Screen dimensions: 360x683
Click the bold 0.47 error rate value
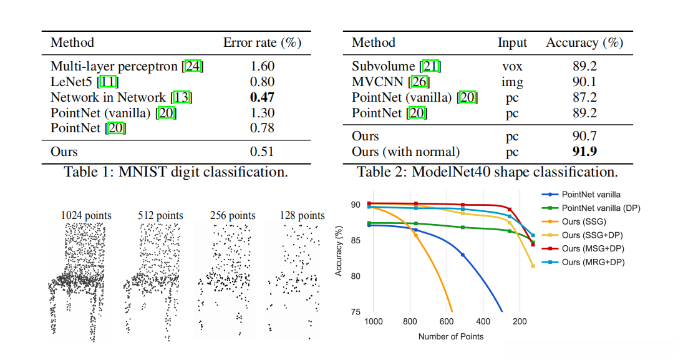pyautogui.click(x=262, y=97)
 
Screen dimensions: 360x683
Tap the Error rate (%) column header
pyautogui.click(x=262, y=43)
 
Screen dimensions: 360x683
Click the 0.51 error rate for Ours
pyautogui.click(x=262, y=152)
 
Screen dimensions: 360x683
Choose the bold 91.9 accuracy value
pyautogui.click(x=584, y=152)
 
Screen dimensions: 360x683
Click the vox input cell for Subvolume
pyautogui.click(x=512, y=66)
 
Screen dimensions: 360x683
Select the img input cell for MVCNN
pyautogui.click(x=512, y=82)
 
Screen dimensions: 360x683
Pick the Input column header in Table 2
pyautogui.click(x=512, y=43)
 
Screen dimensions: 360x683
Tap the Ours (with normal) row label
pyautogui.click(x=405, y=152)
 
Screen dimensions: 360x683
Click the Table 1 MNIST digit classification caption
pyautogui.click(x=176, y=172)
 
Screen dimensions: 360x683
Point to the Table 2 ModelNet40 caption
pyautogui.click(x=487, y=172)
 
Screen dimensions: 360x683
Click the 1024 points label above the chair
pyautogui.click(x=86, y=216)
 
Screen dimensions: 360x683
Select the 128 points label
pyautogui.click(x=303, y=216)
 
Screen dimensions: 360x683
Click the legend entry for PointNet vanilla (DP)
pyautogui.click(x=601, y=208)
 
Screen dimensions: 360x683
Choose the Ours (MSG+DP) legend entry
pyautogui.click(x=593, y=249)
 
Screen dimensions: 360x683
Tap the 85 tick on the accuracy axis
pyautogui.click(x=357, y=240)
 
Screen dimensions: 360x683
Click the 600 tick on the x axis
pyautogui.click(x=447, y=322)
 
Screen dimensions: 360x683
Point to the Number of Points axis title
pyautogui.click(x=451, y=336)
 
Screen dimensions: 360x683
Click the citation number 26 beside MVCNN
pyautogui.click(x=420, y=82)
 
